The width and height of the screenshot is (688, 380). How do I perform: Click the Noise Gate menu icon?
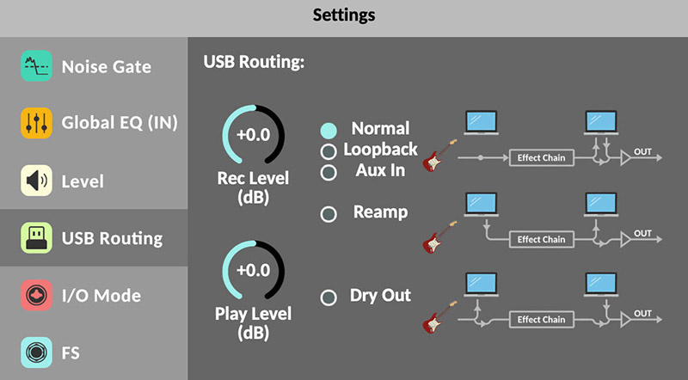(36, 66)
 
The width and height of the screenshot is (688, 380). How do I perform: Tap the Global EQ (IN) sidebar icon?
(36, 123)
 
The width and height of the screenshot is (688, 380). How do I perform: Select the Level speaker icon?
(36, 181)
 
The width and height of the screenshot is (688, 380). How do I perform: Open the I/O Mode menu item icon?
(36, 295)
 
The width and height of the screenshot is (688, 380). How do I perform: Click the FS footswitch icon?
(36, 352)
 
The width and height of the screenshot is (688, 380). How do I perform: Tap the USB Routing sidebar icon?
(36, 238)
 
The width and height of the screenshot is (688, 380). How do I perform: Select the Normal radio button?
(329, 132)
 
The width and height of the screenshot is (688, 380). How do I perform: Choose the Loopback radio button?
(329, 152)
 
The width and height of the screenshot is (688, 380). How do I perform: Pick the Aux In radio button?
(329, 172)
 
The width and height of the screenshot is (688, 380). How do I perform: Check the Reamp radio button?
(329, 214)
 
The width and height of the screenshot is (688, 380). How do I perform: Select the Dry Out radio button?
(329, 298)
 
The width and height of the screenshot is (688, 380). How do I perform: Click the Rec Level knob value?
(253, 136)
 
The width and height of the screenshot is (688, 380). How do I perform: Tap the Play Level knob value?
(253, 270)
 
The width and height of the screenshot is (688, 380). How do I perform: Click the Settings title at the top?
(344, 15)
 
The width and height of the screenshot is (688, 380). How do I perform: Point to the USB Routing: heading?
(254, 63)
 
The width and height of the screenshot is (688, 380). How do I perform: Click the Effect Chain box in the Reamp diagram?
(541, 239)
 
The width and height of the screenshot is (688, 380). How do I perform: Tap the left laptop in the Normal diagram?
(482, 123)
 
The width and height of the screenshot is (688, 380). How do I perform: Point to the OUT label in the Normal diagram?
(642, 151)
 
